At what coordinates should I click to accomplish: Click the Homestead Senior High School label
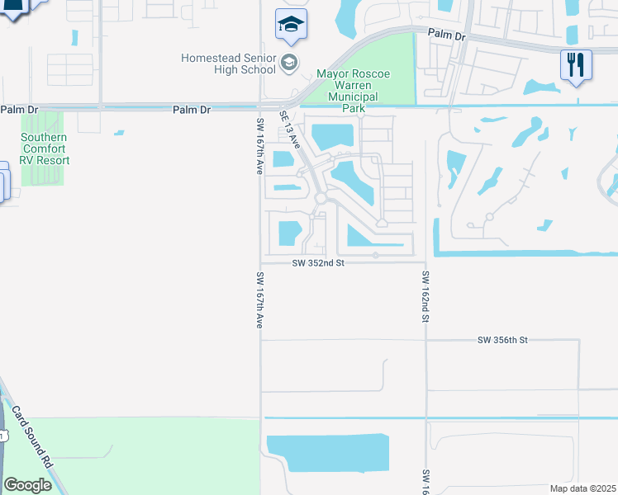229,64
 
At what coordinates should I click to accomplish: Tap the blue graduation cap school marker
291,26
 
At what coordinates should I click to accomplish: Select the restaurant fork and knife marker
576,64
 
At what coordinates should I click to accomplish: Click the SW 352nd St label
318,262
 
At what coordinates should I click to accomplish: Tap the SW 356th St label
502,340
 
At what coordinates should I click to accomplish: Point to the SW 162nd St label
425,296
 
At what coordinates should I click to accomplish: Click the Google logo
27,485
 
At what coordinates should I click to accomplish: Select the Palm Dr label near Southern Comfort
20,109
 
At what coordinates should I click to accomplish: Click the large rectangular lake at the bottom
329,453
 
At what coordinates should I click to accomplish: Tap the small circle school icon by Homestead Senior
288,63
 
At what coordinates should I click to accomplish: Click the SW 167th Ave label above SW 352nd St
259,145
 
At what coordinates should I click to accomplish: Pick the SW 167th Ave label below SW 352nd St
259,300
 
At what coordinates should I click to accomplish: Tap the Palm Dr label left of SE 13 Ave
193,109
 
